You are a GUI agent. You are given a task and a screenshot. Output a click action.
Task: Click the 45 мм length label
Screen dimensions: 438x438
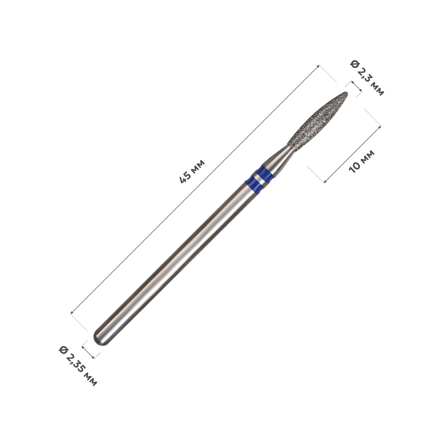192,172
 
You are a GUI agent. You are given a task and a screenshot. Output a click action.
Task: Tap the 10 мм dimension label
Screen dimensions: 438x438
362,162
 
